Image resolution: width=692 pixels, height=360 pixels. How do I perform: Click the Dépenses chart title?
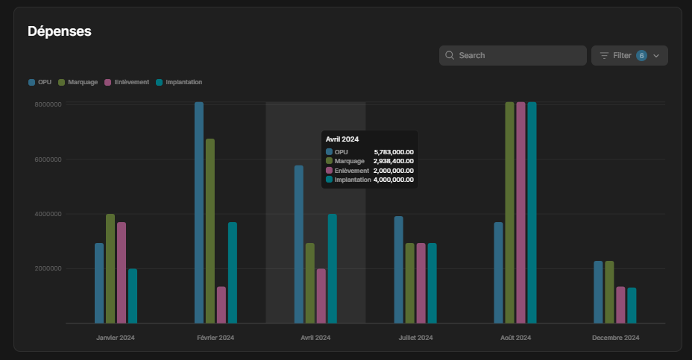59,31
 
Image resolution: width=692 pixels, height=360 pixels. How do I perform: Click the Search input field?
512,56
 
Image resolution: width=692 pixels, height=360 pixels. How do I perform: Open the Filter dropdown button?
629,56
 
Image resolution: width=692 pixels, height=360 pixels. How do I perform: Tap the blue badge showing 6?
641,56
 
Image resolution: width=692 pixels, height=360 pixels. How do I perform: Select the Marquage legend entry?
78,82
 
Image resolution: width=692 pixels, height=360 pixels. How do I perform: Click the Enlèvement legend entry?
127,82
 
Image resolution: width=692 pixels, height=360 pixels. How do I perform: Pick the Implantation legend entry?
179,82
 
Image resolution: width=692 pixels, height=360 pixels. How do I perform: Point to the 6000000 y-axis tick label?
48,160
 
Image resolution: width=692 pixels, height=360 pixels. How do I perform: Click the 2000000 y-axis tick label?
48,268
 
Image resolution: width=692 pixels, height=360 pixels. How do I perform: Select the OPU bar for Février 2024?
199,212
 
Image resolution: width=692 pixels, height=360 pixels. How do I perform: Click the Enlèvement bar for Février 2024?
221,305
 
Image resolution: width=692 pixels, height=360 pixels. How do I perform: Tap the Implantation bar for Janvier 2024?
133,296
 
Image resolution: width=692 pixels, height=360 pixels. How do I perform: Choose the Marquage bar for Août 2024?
510,212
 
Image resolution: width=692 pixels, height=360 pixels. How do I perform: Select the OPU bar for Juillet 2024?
398,270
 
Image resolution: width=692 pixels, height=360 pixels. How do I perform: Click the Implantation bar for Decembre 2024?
632,306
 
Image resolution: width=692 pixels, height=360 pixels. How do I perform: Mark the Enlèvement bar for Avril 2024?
321,296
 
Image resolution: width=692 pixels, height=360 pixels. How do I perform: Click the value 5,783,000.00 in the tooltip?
394,152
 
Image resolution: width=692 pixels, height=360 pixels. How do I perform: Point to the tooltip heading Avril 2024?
342,139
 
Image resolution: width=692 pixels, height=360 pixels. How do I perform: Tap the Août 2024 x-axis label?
515,338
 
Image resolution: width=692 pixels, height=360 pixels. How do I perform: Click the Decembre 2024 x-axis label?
616,338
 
